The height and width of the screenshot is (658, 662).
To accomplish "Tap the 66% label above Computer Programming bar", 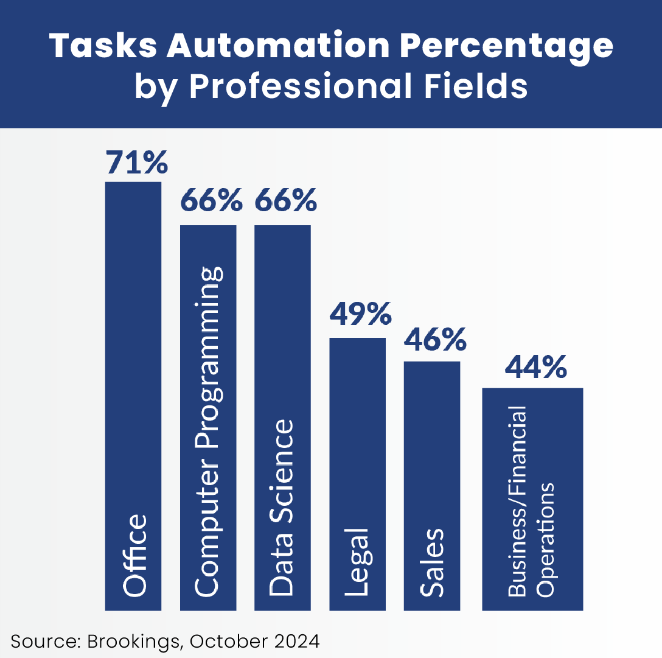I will click(x=211, y=200).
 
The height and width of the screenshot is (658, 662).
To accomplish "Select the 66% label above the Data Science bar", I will click(x=285, y=200).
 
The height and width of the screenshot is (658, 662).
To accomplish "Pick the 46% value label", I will click(x=434, y=339).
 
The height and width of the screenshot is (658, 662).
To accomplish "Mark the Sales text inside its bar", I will click(x=431, y=562).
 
